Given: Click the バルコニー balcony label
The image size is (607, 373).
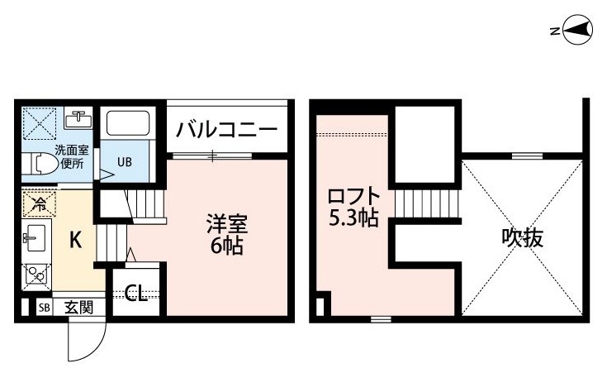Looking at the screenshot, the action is pyautogui.click(x=227, y=130).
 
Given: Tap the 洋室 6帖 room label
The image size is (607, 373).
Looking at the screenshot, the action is pyautogui.click(x=227, y=234).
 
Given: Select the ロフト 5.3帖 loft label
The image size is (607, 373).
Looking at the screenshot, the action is pyautogui.click(x=353, y=208).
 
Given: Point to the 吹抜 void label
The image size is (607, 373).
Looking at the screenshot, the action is pyautogui.click(x=522, y=237).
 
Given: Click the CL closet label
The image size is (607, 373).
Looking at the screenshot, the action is pyautogui.click(x=136, y=293).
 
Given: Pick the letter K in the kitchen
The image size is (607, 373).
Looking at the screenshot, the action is pyautogui.click(x=75, y=240).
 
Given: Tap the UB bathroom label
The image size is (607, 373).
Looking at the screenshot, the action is pyautogui.click(x=124, y=162).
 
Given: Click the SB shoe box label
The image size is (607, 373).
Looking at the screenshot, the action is pyautogui.click(x=45, y=308).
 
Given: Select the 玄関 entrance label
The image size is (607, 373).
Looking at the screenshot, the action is pyautogui.click(x=79, y=308).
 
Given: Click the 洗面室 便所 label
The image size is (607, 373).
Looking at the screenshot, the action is pyautogui.click(x=72, y=156).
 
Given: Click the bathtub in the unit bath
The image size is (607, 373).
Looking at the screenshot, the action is pyautogui.click(x=128, y=123).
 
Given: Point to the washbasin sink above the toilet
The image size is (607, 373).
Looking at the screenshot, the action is pyautogui.click(x=78, y=119).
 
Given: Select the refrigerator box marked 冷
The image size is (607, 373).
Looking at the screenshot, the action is pyautogui.click(x=39, y=204).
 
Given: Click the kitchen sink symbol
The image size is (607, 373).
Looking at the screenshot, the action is pyautogui.click(x=35, y=239).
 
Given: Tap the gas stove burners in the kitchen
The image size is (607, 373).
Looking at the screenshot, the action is pyautogui.click(x=36, y=276).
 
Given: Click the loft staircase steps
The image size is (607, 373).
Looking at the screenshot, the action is pyautogui.click(x=426, y=203).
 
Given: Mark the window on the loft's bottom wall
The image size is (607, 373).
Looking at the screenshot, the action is pyautogui.click(x=381, y=319).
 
